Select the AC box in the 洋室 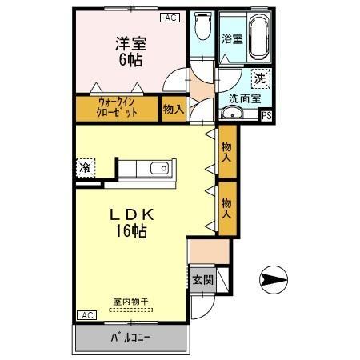[x=170, y=18]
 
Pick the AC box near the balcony [x=86, y=315]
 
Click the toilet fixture [x=203, y=30]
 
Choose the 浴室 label [x=232, y=38]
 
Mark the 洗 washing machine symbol [x=259, y=78]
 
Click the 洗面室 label [x=245, y=98]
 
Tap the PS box [x=266, y=116]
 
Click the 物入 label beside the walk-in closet [x=173, y=109]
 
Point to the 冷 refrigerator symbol [x=85, y=168]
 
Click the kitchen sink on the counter [x=158, y=168]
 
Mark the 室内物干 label [x=129, y=302]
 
